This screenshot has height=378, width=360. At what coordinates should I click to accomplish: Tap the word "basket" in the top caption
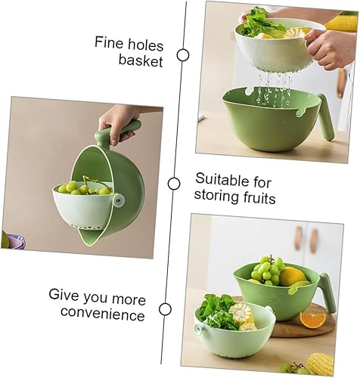pyautogui.click(x=141, y=61)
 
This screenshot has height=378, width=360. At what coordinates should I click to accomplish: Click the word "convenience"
pyautogui.click(x=103, y=313)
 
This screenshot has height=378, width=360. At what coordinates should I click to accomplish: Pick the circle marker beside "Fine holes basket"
pyautogui.click(x=182, y=54)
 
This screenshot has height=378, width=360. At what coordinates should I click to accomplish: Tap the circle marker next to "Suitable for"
pyautogui.click(x=174, y=184)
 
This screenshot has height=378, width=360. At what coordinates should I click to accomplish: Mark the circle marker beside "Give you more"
pyautogui.click(x=166, y=308)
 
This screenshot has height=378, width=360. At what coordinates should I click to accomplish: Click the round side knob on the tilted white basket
pyautogui.click(x=116, y=200)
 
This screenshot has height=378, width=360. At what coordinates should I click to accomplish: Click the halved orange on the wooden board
pyautogui.click(x=312, y=319)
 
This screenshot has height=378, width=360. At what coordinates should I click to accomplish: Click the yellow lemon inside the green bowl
pyautogui.click(x=292, y=277)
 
